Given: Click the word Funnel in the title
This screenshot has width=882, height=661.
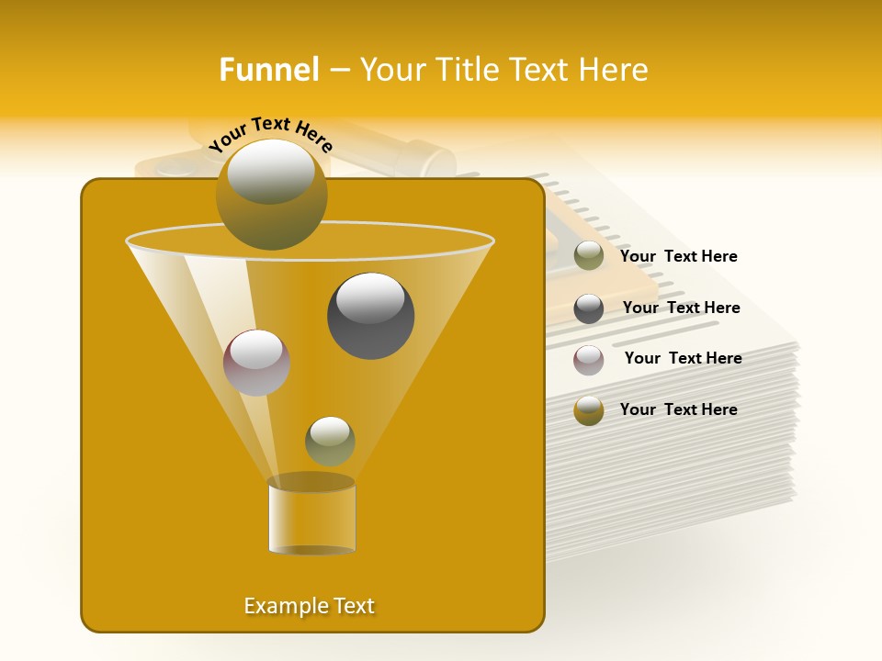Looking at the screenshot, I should click(x=268, y=70).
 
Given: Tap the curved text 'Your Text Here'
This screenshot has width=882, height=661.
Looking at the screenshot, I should click(x=270, y=134).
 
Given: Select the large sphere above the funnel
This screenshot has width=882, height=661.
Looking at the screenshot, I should click(x=271, y=194).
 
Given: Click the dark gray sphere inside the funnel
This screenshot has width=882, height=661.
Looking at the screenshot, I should click(x=370, y=315).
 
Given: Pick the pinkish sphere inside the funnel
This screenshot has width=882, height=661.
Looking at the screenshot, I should click(x=256, y=362).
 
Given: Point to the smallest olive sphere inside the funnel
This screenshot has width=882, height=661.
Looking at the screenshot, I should click(x=330, y=441).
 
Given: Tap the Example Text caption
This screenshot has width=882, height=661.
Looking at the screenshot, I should click(x=309, y=606).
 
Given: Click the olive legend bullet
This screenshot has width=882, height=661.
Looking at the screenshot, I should click(x=589, y=256).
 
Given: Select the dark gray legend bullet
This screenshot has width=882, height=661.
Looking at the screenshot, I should click(x=589, y=308).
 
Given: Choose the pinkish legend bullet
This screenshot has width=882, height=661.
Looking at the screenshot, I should click(x=589, y=359).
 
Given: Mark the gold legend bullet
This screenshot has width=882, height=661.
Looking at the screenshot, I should click(x=589, y=410).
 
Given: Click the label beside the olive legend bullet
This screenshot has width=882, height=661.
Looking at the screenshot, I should click(x=678, y=257).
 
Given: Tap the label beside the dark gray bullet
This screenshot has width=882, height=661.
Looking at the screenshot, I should click(x=681, y=308).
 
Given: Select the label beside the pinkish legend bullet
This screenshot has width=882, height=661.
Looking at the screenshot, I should click(x=683, y=358).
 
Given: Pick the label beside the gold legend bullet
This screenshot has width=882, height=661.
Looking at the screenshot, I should click(x=678, y=409).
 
